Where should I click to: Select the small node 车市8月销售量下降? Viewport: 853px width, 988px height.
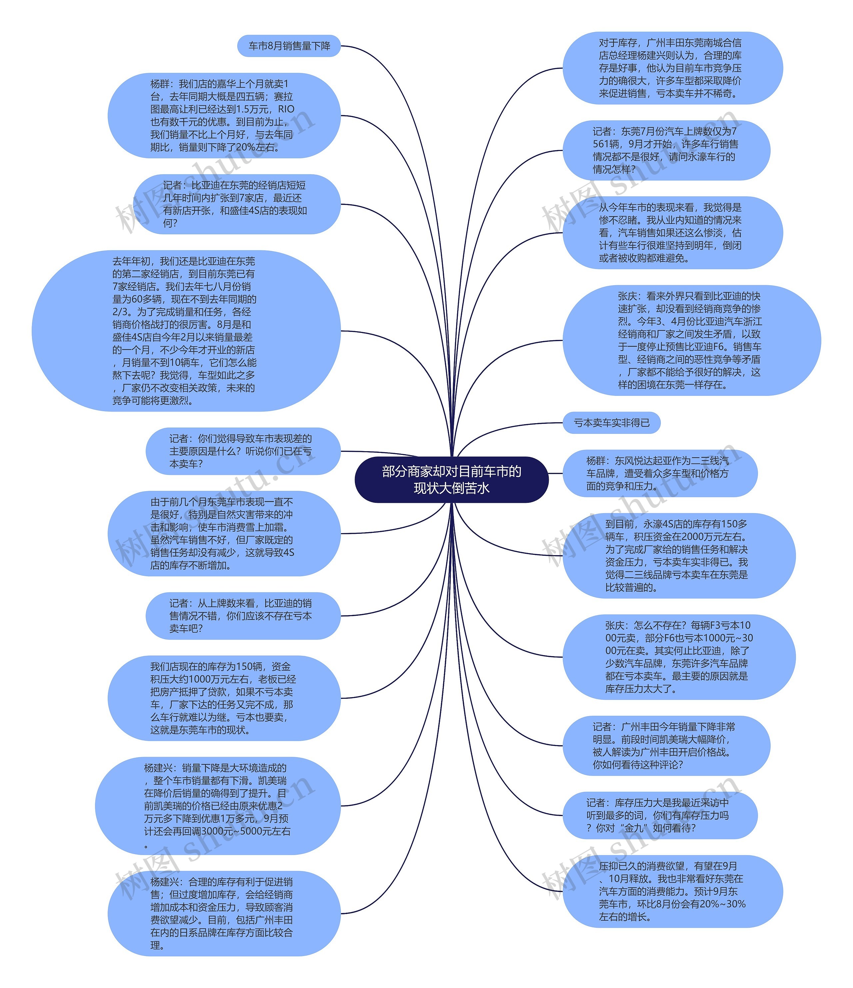[289, 46]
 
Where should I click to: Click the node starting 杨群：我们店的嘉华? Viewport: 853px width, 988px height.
[224, 115]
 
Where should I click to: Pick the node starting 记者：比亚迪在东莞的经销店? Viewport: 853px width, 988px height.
[237, 204]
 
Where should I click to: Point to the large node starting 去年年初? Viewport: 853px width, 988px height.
[186, 331]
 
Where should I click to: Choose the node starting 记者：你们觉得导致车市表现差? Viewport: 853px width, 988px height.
[243, 451]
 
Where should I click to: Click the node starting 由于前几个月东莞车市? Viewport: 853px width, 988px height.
[224, 533]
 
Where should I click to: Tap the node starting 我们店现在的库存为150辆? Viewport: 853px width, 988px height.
[224, 698]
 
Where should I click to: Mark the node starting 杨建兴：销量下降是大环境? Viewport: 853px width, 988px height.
[218, 805]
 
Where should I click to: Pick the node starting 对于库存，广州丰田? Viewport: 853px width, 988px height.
[672, 68]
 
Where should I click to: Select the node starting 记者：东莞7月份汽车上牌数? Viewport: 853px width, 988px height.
[666, 150]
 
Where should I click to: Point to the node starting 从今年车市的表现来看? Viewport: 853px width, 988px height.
[672, 233]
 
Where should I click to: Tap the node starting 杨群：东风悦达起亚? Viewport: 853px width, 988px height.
[660, 473]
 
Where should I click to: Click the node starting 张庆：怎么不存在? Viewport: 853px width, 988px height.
[679, 657]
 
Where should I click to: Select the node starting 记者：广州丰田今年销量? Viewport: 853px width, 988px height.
[666, 746]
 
